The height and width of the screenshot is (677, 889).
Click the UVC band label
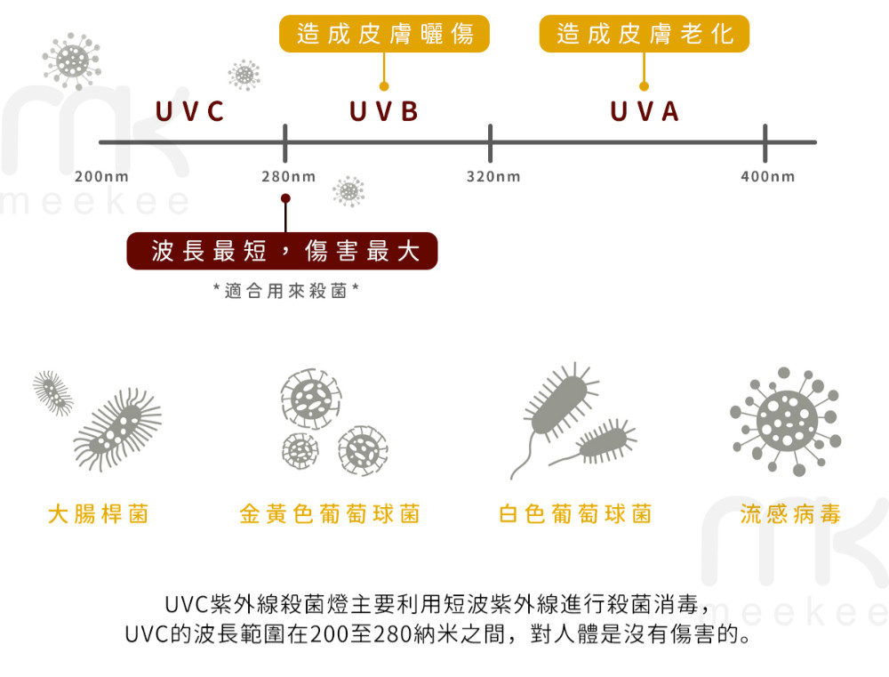click(189, 112)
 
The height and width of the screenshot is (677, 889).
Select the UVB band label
click(384, 112)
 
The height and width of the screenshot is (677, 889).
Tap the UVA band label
click(645, 112)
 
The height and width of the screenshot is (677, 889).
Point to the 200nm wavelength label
click(101, 177)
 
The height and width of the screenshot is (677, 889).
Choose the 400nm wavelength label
click(768, 177)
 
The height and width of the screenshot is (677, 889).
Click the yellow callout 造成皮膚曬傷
click(385, 35)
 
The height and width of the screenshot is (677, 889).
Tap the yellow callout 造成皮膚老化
click(645, 35)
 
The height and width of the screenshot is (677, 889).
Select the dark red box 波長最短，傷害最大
click(284, 251)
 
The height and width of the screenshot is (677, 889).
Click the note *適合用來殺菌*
click(286, 291)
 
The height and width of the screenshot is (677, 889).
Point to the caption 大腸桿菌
click(98, 513)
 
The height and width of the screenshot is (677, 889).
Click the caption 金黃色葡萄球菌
click(329, 513)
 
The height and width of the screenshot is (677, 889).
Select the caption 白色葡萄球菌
click(575, 513)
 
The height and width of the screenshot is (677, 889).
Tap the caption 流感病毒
click(790, 513)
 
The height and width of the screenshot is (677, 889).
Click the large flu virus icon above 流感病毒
click(785, 420)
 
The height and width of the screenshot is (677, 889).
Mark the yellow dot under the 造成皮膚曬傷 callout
click(384, 86)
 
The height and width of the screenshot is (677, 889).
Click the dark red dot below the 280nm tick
click(284, 197)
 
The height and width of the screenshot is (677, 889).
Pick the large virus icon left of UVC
click(72, 60)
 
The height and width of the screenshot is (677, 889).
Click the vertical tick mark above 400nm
click(765, 141)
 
